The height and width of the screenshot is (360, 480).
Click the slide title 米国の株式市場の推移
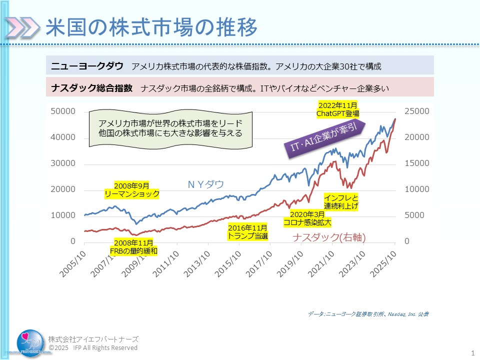[151, 28]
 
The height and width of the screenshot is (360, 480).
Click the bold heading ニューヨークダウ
[87, 65]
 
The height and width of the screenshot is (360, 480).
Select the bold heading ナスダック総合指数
[92, 88]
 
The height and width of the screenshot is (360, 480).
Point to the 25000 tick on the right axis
[416, 111]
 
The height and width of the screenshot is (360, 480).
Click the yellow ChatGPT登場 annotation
[337, 109]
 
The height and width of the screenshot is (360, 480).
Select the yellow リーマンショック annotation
[132, 189]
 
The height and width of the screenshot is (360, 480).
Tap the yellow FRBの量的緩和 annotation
[133, 246]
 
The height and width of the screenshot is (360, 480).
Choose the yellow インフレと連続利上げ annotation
[341, 201]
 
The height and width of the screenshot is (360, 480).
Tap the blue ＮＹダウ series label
[206, 184]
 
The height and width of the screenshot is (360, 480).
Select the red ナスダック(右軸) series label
[329, 238]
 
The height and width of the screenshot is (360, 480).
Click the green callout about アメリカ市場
[170, 128]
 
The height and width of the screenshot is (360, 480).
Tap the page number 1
[472, 353]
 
